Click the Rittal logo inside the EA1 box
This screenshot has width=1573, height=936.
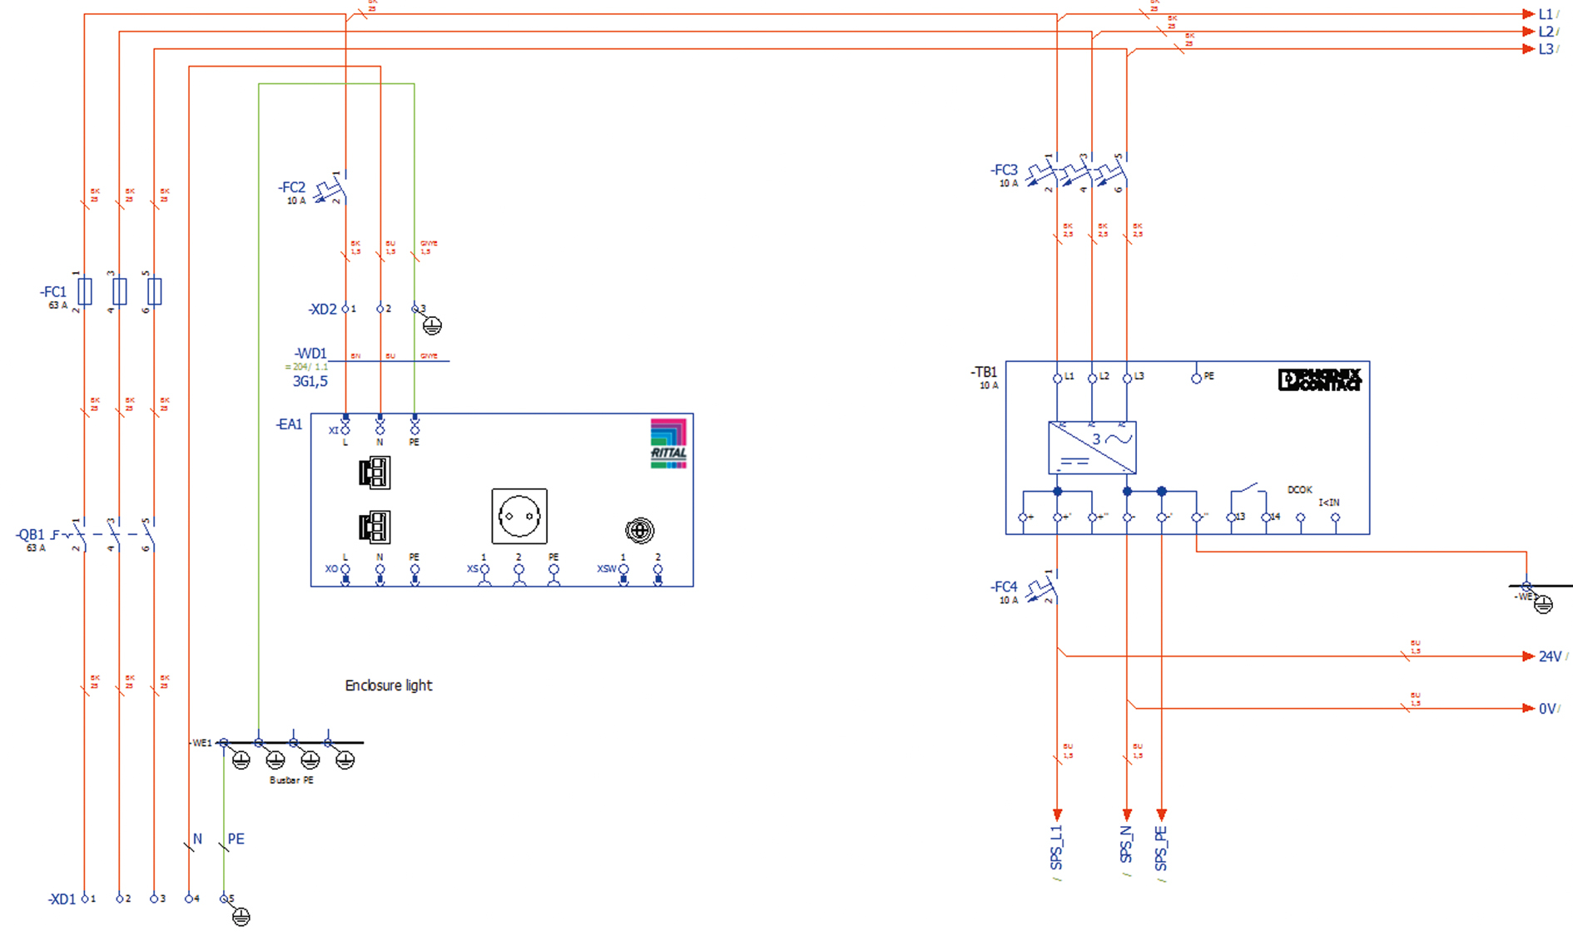tap(668, 443)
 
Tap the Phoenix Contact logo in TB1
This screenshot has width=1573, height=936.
tap(1319, 379)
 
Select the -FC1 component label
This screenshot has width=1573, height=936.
tap(53, 292)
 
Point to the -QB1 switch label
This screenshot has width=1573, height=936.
tap(30, 535)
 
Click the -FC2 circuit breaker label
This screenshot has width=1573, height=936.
tap(291, 188)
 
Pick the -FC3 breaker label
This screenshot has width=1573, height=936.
tap(1004, 171)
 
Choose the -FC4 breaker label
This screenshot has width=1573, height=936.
tap(1004, 587)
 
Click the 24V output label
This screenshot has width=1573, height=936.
tap(1550, 656)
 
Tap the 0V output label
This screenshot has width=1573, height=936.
tap(1547, 709)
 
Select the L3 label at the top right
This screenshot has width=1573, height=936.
tap(1546, 49)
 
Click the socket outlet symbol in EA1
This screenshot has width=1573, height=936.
tap(519, 517)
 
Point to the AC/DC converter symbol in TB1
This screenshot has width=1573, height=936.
tap(1092, 448)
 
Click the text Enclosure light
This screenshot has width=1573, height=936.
tap(389, 686)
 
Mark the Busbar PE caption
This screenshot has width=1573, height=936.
tap(291, 780)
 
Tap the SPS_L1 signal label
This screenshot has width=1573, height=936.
tap(1057, 848)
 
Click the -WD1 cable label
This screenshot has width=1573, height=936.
tap(310, 354)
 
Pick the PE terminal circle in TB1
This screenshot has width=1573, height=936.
tap(1196, 379)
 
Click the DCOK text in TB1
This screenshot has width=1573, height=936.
tap(1299, 490)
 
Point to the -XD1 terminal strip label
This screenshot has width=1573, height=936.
tap(62, 899)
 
